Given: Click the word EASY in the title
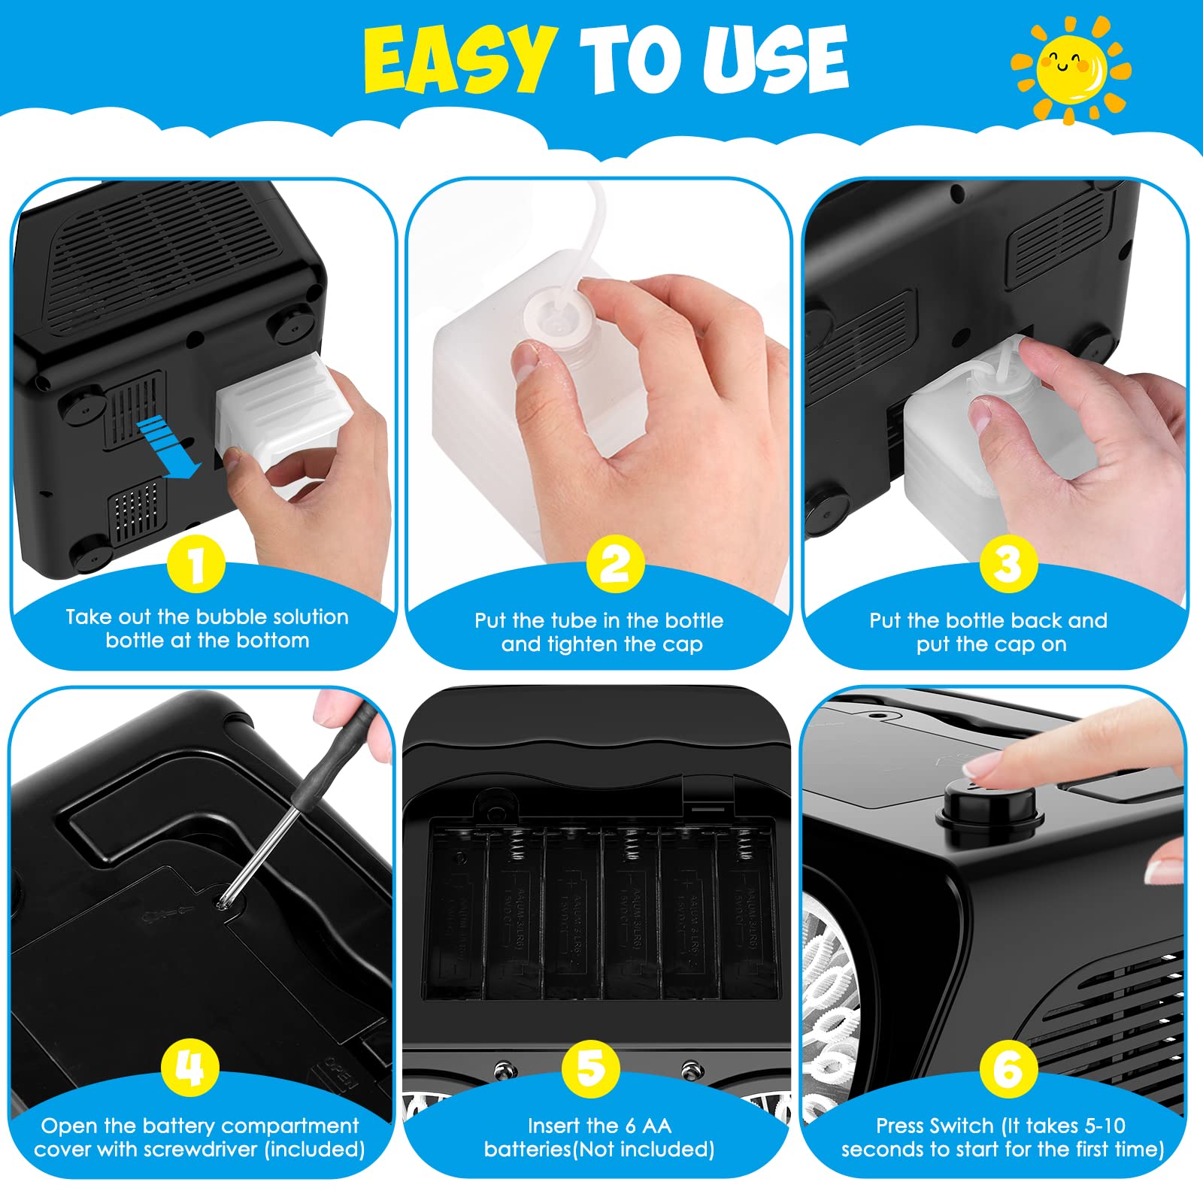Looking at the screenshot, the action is click(x=460, y=59).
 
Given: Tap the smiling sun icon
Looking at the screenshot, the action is click(x=1071, y=68).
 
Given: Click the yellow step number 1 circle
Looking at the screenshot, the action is click(x=196, y=564).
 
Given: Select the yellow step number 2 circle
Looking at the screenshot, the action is click(x=615, y=564).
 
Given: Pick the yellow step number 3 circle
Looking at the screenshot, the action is click(x=1008, y=564).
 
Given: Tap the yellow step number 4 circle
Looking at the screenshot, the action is click(x=189, y=1068).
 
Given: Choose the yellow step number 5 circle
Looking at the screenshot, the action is click(x=590, y=1068).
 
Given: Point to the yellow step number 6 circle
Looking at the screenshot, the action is click(x=1008, y=1068).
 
